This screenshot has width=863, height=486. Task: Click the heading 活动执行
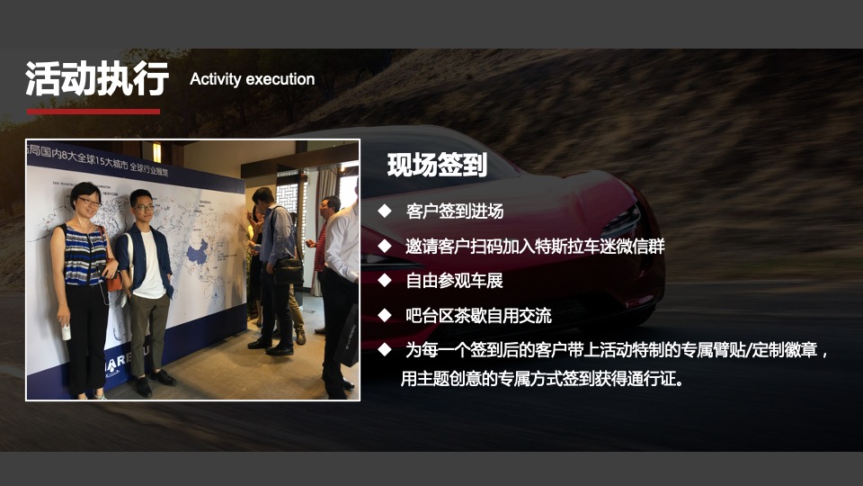point(97,79)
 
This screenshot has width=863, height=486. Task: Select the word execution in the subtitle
point(280,79)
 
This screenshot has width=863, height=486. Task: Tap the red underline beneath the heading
point(93,112)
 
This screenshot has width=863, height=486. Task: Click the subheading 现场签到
point(437,166)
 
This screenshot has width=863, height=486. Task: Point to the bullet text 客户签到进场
point(454,211)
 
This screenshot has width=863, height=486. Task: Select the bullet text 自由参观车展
point(454,281)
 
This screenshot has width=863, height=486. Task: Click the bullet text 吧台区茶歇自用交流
point(478,316)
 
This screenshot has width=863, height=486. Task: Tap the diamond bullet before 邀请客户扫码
point(385,246)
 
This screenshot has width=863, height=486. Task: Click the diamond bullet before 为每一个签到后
point(385,349)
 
